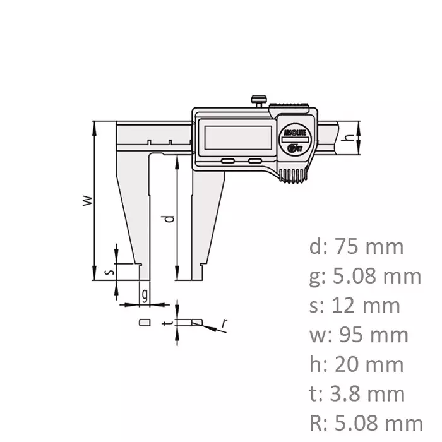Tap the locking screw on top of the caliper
tap(257, 100)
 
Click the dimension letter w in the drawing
tap(88, 201)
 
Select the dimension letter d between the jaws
tap(168, 219)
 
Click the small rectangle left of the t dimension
tap(144, 322)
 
